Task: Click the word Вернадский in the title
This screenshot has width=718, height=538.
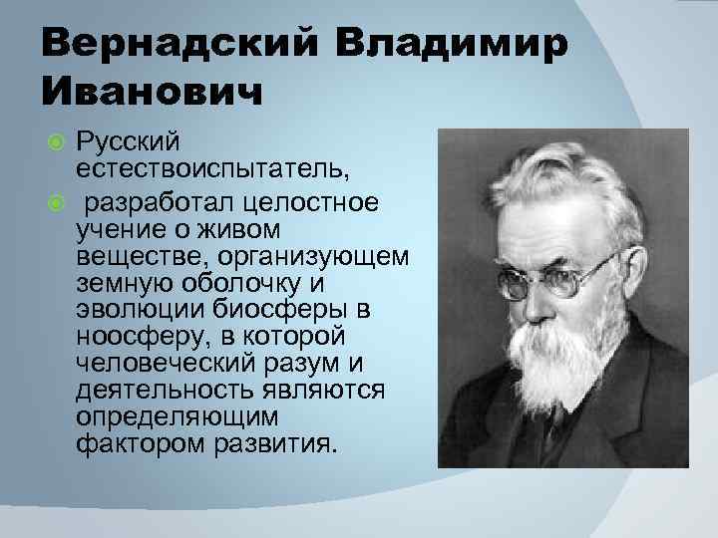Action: pos(169,46)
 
